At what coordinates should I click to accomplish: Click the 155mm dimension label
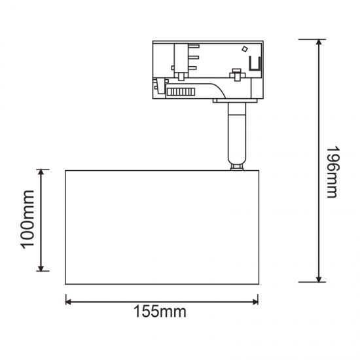point(160,312)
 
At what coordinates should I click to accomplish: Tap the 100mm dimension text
point(27,219)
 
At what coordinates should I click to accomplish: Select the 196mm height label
point(332,171)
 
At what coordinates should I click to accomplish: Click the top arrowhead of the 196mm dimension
point(319,43)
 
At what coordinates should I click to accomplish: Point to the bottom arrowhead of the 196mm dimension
point(319,279)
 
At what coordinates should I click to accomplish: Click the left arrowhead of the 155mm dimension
point(69,302)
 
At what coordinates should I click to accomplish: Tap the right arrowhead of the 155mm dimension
point(255,302)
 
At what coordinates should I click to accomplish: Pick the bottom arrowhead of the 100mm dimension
point(41,268)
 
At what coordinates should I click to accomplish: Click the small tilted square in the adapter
point(245,49)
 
